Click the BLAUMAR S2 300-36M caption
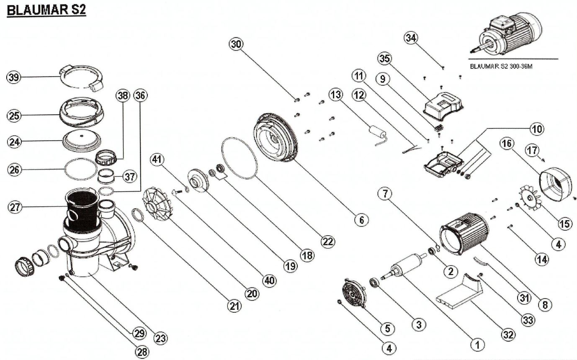[x=501, y=66]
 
